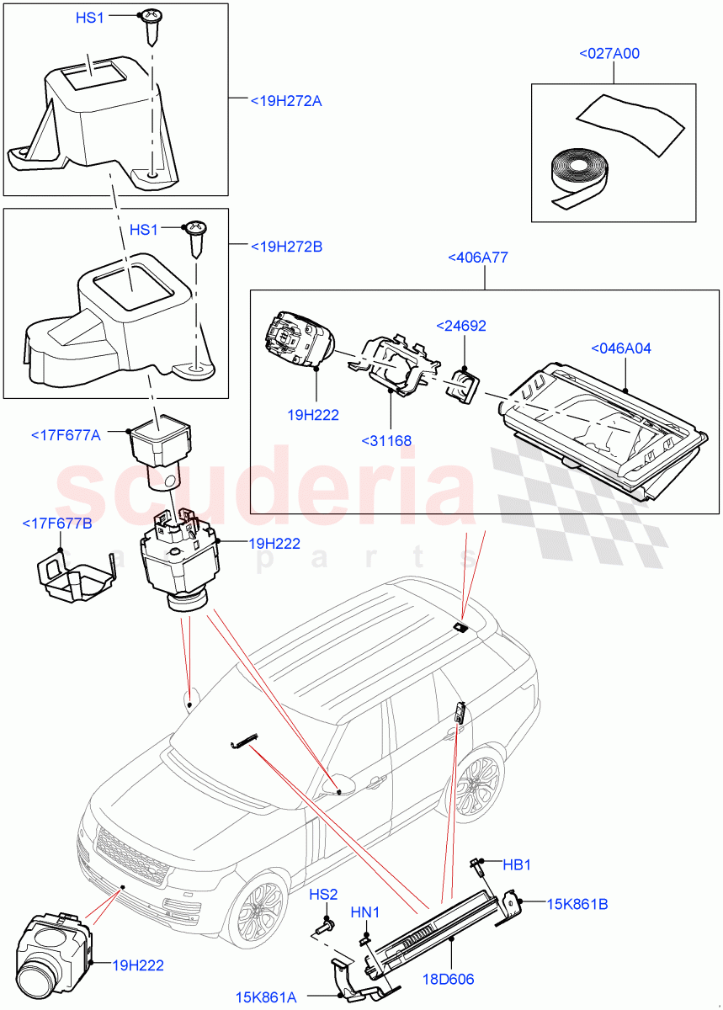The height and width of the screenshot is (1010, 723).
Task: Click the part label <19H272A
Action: pos(286,101)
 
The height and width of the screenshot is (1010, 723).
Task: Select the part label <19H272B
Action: pos(286,247)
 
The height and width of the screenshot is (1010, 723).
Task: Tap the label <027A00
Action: pos(609,54)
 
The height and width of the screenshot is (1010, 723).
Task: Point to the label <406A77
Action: pos(477,258)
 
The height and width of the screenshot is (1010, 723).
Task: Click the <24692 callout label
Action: pos(460,326)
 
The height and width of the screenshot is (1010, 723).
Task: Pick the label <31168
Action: pos(386,439)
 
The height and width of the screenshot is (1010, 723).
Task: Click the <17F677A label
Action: pos(66,435)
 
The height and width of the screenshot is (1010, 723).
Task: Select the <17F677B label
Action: pos(57,524)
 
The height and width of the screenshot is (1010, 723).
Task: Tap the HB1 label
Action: pos(517,864)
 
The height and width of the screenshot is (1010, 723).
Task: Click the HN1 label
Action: pos(365,912)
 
